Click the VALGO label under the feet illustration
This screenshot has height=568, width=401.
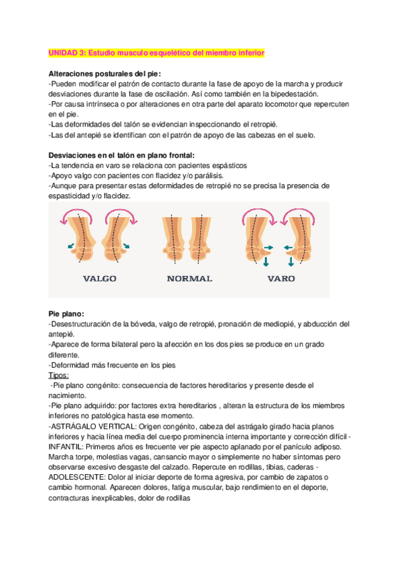(100, 278)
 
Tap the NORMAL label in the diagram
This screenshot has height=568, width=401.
(189, 278)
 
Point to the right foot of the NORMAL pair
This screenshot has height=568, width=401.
(203, 241)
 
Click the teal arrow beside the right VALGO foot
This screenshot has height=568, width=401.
(127, 246)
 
